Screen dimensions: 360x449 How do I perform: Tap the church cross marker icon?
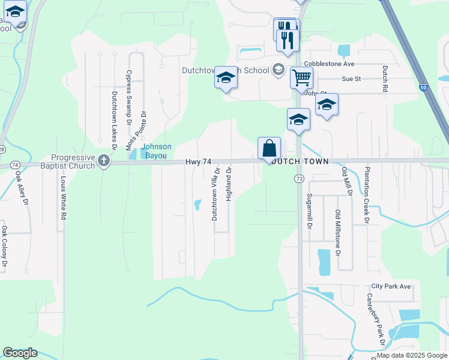pyautogui.click(x=104, y=160)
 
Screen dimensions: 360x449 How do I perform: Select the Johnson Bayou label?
pyautogui.click(x=156, y=151)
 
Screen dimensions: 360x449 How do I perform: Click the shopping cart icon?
pyautogui.click(x=301, y=77)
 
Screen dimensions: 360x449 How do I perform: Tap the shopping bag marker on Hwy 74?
pyautogui.click(x=270, y=148)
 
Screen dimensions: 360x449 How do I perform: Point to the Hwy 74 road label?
pyautogui.click(x=199, y=162)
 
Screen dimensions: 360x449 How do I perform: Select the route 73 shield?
pyautogui.click(x=298, y=179)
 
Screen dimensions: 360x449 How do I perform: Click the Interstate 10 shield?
pyautogui.click(x=424, y=88)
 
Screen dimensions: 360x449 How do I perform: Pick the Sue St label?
pyautogui.click(x=351, y=79)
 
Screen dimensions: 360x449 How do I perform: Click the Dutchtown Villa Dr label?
pyautogui.click(x=215, y=193)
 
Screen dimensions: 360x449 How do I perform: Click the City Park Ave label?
pyautogui.click(x=391, y=287)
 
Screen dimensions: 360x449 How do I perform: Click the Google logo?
pyautogui.click(x=20, y=353)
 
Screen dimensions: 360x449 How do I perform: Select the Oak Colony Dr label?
pyautogui.click(x=4, y=246)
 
